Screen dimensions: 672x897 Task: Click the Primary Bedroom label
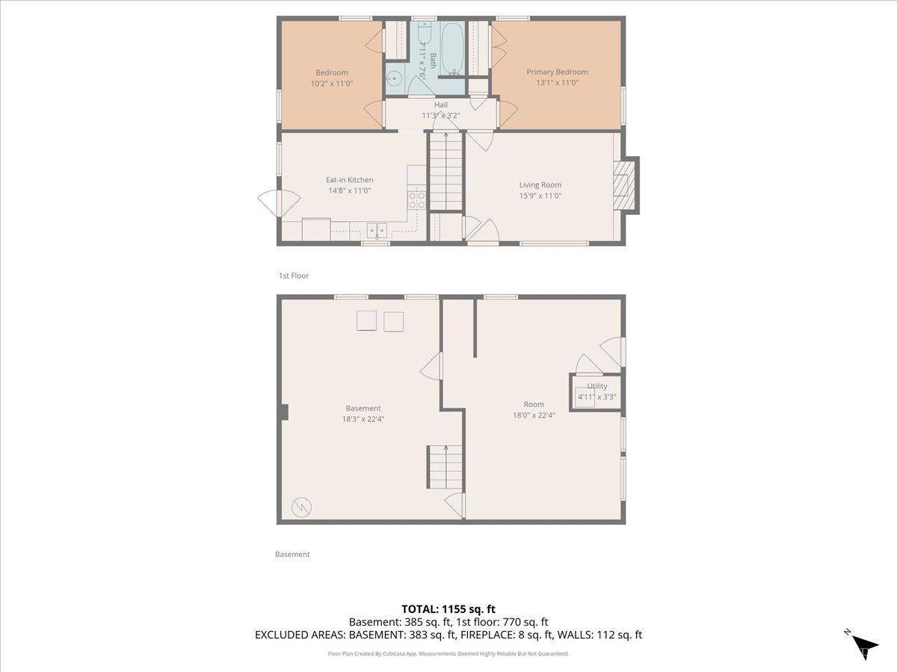point(557,72)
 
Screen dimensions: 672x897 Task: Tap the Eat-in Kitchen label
point(349,180)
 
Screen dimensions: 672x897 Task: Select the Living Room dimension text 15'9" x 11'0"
point(540,196)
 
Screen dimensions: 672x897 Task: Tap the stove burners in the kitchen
point(416,200)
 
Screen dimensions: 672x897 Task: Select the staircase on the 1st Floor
point(446,172)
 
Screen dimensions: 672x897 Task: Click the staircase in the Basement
point(446,466)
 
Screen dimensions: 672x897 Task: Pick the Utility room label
point(597,386)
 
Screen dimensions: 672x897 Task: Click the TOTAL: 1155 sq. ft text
point(449,609)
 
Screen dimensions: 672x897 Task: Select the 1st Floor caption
point(294,276)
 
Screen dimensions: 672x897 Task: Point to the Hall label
point(441,105)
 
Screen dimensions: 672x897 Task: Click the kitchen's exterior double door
point(278,203)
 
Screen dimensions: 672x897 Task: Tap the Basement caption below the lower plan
point(292,554)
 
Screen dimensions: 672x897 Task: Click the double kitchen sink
point(375,231)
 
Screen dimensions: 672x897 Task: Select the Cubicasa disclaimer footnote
point(449,653)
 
